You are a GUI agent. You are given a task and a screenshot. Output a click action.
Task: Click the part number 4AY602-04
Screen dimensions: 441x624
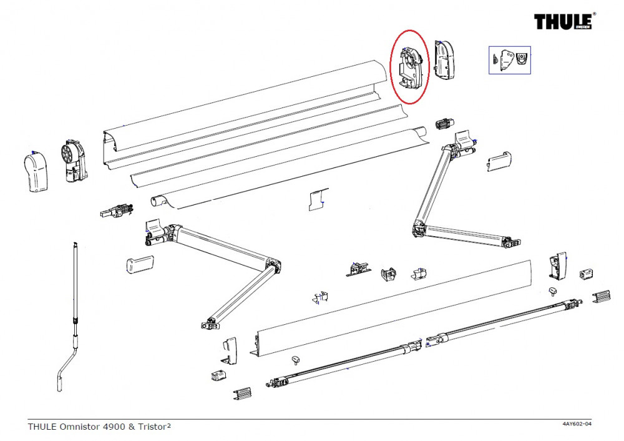(x=577, y=425)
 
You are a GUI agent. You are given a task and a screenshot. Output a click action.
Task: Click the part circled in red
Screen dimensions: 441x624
(x=410, y=67)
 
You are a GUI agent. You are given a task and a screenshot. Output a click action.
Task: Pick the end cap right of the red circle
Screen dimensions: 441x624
(x=447, y=61)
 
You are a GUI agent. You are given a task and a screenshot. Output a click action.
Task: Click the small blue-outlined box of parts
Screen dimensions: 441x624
(x=509, y=61)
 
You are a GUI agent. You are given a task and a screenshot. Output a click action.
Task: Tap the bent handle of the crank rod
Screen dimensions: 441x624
(x=66, y=369)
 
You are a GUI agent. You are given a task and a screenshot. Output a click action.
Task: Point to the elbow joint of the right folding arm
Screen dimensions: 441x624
(x=419, y=229)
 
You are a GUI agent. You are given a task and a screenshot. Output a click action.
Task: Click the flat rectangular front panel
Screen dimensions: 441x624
(x=393, y=306)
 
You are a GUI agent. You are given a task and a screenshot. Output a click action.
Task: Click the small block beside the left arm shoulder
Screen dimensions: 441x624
(x=139, y=264)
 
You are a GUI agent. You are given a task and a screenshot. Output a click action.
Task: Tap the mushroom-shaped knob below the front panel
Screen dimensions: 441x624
(x=296, y=359)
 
